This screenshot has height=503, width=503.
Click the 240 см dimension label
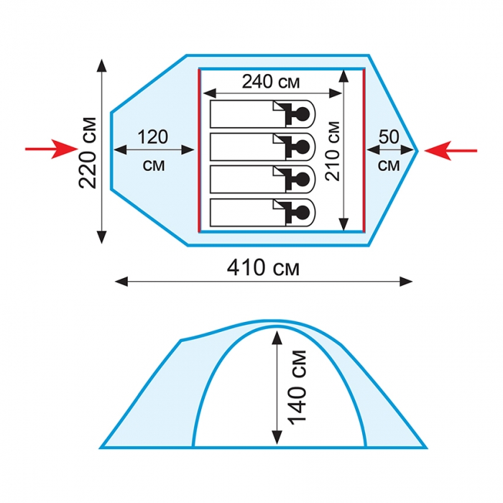[271, 81]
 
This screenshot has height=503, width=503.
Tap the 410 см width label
[263, 268]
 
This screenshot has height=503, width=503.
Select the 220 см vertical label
[87, 152]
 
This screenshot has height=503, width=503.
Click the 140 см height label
[297, 387]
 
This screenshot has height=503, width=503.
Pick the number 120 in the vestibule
[152, 137]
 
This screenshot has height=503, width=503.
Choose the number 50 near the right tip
[389, 137]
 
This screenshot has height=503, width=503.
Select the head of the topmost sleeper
[303, 114]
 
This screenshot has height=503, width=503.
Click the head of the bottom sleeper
[303, 213]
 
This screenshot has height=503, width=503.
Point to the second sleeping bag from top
[262, 147]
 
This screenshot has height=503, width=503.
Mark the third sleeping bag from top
[262, 180]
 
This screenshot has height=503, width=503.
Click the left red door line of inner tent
[199, 150]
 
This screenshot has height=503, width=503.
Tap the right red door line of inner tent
[364, 150]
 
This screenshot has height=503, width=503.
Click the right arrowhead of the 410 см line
[406, 282]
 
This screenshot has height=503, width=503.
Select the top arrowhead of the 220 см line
[102, 65]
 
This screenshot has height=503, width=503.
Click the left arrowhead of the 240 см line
[210, 93]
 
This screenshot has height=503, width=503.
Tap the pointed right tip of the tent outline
[417, 151]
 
